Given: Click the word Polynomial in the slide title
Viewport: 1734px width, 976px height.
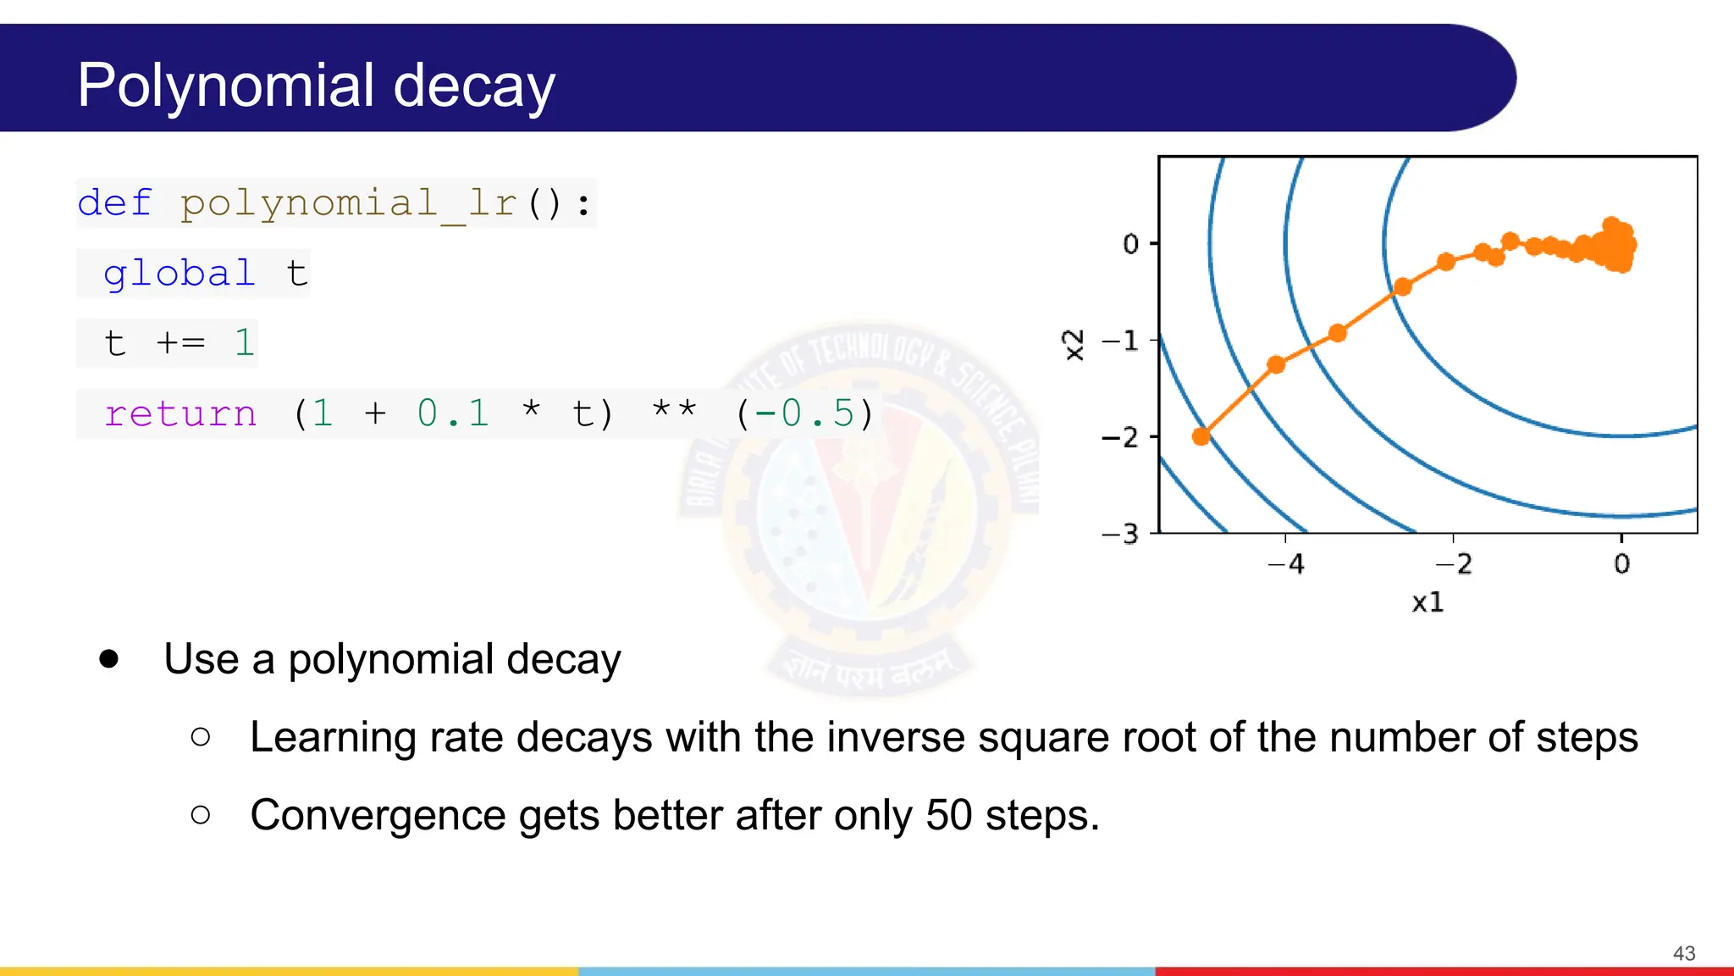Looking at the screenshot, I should click(x=225, y=86).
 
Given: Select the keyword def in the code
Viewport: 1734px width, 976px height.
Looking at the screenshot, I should click(x=114, y=203).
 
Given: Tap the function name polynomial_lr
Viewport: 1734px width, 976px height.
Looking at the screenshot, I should click(x=348, y=203).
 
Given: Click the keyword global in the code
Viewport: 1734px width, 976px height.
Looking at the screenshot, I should click(x=179, y=274).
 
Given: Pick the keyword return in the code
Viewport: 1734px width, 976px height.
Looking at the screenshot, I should click(x=179, y=414).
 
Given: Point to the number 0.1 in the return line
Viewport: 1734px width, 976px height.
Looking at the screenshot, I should click(x=453, y=413).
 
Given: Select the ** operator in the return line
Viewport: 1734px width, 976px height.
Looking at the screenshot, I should click(x=674, y=412).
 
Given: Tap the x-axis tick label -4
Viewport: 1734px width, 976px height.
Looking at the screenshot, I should click(x=1285, y=564).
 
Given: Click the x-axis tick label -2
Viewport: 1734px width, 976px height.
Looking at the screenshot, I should click(x=1454, y=564).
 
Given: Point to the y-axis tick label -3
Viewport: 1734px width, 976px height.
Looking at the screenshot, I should click(x=1119, y=534).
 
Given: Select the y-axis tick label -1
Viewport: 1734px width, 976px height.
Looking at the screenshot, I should click(x=1119, y=341).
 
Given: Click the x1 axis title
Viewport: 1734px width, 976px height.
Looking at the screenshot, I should click(x=1428, y=602).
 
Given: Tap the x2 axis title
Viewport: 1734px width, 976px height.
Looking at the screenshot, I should click(x=1074, y=345).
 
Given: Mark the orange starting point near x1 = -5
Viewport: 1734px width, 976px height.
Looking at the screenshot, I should click(x=1201, y=436).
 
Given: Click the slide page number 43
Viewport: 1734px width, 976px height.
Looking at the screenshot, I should click(x=1684, y=953).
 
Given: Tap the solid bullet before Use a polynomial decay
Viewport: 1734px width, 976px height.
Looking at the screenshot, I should click(x=108, y=659).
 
